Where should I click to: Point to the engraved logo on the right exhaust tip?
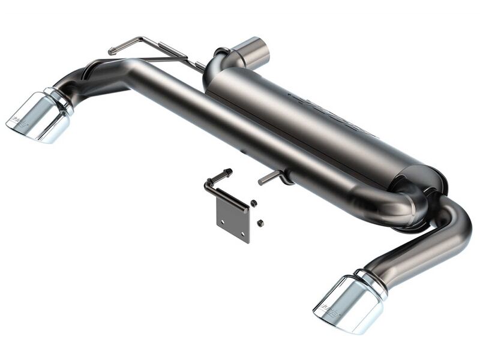(x=329, y=310)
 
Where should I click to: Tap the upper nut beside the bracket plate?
(x=254, y=203)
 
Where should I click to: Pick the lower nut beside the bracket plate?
(x=260, y=223)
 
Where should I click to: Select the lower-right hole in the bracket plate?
(x=242, y=232)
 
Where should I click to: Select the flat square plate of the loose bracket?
(x=233, y=219)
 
